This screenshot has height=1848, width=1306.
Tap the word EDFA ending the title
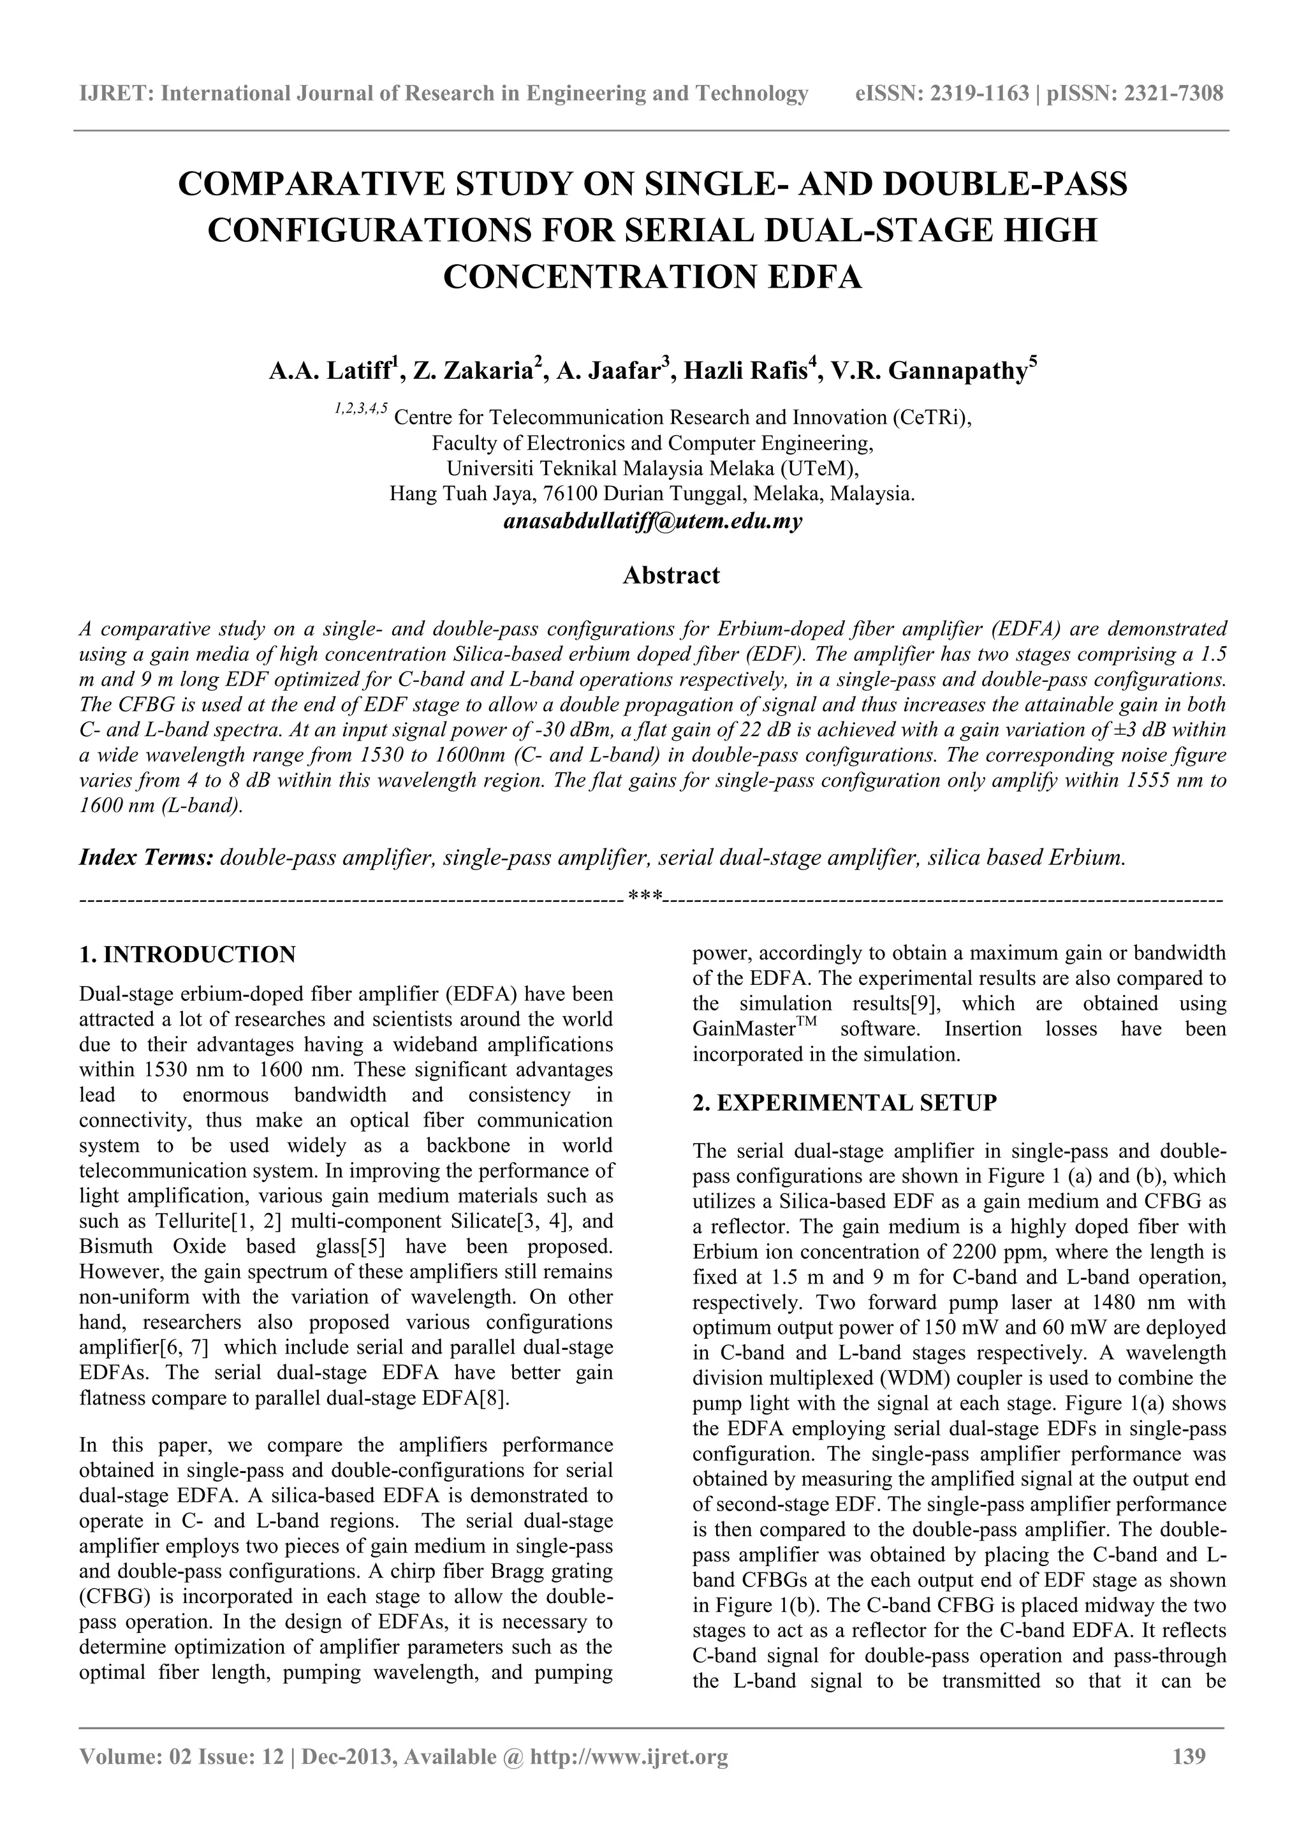[814, 277]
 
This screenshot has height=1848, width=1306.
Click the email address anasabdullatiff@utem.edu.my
[652, 522]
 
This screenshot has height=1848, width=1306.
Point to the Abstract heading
[671, 575]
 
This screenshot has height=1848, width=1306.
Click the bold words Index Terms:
[145, 857]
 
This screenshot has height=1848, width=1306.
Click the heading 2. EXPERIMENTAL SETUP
[844, 1103]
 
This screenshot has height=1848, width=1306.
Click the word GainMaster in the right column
[738, 1030]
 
